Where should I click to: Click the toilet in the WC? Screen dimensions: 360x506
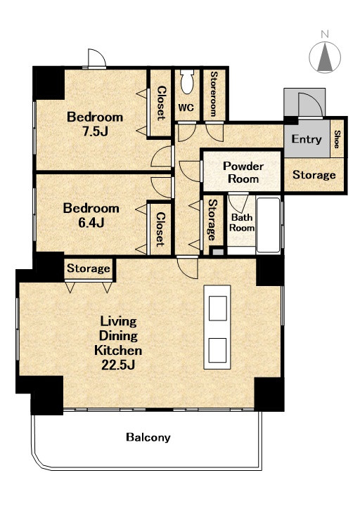click(x=187, y=82)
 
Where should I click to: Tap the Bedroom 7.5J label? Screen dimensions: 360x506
click(x=95, y=124)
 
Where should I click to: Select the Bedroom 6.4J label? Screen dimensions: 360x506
click(x=91, y=215)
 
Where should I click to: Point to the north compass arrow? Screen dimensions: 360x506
click(x=325, y=58)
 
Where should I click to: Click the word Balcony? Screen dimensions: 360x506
click(x=148, y=437)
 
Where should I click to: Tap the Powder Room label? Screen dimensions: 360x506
click(x=243, y=172)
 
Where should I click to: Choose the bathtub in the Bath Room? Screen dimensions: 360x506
click(x=268, y=225)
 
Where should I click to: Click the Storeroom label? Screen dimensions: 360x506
click(x=214, y=94)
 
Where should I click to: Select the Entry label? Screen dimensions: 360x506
click(x=307, y=139)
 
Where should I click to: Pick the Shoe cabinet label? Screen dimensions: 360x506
click(x=337, y=139)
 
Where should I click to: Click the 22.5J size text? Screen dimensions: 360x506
click(x=118, y=365)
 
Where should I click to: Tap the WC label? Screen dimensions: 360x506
click(x=186, y=108)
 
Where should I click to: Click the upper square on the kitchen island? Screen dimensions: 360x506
click(x=217, y=309)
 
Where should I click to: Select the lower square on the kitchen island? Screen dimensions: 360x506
click(x=217, y=350)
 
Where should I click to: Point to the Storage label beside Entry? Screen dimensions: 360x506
click(x=314, y=175)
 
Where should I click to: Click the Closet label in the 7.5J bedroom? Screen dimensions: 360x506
click(x=161, y=103)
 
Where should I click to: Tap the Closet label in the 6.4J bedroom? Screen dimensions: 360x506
click(x=160, y=229)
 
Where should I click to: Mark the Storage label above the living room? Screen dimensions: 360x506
click(x=89, y=268)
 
